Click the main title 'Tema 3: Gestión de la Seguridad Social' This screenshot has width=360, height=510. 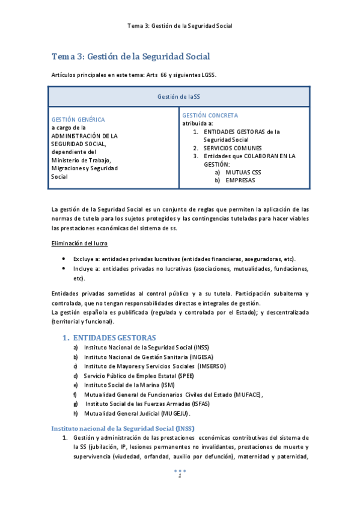[x=130, y=57]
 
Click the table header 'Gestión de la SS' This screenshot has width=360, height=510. [x=178, y=97]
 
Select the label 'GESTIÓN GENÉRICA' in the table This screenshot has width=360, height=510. [x=78, y=120]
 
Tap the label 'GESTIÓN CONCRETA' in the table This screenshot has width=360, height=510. [x=210, y=115]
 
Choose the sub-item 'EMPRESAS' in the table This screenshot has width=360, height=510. [x=240, y=180]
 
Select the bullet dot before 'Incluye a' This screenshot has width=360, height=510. [x=64, y=269]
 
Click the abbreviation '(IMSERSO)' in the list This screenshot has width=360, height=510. [x=208, y=366]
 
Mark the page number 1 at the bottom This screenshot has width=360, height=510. [x=179, y=476]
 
